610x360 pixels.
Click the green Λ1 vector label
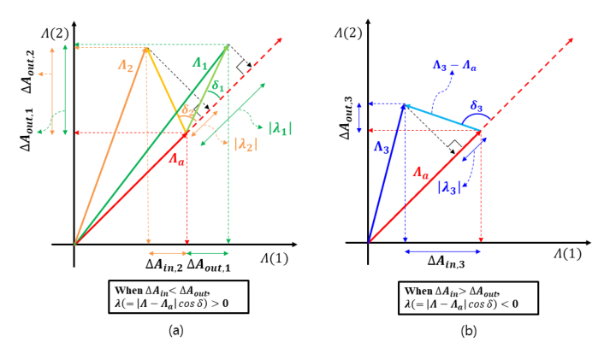point(199,63)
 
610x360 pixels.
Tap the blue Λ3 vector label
point(381,148)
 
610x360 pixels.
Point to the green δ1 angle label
point(218,86)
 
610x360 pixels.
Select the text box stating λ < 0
point(470,297)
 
